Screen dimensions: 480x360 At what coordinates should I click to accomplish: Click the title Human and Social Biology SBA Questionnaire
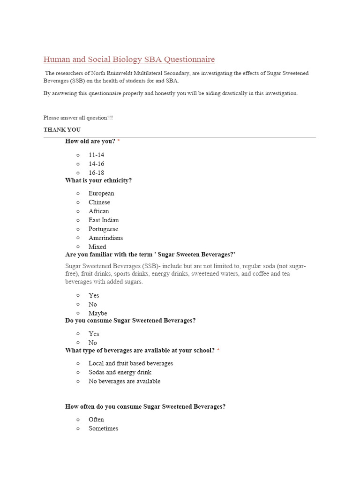click(x=129, y=60)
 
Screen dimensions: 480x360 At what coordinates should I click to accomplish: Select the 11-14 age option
click(x=96, y=155)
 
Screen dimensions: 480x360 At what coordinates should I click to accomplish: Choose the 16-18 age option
click(x=96, y=172)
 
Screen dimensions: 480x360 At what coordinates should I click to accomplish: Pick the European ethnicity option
click(x=101, y=193)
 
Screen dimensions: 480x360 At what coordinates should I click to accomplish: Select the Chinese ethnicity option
click(x=99, y=202)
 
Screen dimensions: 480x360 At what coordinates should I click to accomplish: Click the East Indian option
click(x=103, y=220)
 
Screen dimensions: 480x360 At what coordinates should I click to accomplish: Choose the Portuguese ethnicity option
click(x=103, y=229)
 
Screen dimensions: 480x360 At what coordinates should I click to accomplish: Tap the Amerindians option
click(x=105, y=238)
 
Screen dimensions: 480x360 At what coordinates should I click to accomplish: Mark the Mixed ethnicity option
click(x=97, y=247)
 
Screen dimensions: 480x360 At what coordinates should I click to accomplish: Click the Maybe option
click(x=97, y=313)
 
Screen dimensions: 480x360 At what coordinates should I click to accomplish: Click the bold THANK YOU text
click(x=62, y=129)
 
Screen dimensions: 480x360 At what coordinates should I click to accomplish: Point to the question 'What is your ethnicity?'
click(x=98, y=180)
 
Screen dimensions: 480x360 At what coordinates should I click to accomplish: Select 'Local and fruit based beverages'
click(x=130, y=363)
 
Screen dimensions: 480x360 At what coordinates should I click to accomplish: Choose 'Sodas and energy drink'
click(x=120, y=372)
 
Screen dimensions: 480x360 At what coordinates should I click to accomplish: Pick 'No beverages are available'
click(x=124, y=381)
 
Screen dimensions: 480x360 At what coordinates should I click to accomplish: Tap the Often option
click(x=96, y=420)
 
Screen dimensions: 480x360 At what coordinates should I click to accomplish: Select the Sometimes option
click(x=103, y=428)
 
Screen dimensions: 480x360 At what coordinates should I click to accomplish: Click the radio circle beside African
click(x=78, y=211)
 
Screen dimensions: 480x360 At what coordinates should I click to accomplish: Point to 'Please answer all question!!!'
click(x=78, y=118)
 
